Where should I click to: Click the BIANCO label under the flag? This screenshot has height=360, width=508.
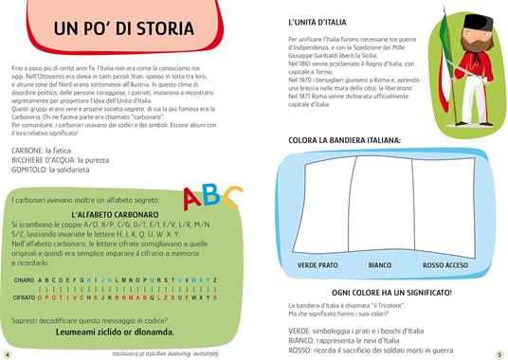tap(380, 264)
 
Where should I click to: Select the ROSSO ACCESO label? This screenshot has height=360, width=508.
tap(444, 264)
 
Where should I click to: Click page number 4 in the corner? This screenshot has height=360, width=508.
tap(7, 353)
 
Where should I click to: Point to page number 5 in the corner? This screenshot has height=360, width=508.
tap(499, 353)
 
